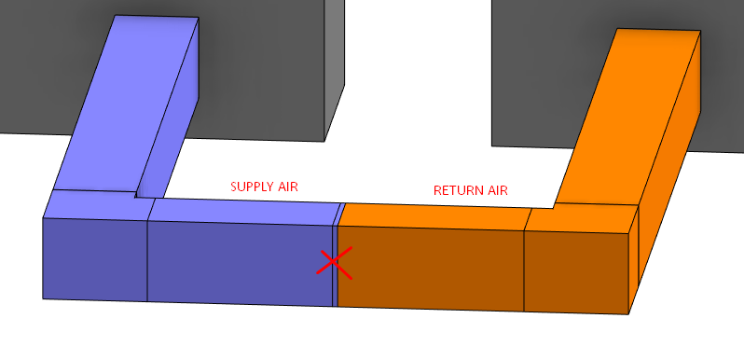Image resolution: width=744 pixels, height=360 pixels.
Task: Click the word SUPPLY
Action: [x=255, y=187]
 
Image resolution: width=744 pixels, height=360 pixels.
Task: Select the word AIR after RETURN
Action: [x=499, y=190]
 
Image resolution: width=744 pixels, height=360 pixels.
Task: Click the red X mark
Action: [x=335, y=262]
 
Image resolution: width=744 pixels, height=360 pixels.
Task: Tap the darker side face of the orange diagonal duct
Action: [x=669, y=157]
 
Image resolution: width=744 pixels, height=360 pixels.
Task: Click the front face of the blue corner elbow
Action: [x=95, y=259]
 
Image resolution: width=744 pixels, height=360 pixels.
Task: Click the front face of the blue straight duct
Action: [x=240, y=263]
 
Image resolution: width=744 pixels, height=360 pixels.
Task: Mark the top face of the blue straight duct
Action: [x=244, y=212]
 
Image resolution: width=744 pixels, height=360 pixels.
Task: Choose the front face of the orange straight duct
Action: [x=431, y=269]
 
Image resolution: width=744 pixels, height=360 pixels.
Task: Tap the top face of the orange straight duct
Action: [x=434, y=216]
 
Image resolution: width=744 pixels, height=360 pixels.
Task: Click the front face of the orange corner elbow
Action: [x=577, y=272]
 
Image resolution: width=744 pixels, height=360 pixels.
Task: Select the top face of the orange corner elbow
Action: [x=581, y=218]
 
